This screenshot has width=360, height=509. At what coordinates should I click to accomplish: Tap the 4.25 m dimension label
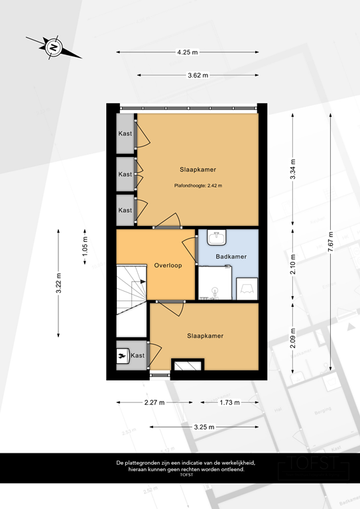tap(188, 52)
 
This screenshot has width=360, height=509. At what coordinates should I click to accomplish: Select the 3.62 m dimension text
tap(197, 76)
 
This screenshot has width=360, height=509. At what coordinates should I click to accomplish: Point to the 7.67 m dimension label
tap(330, 246)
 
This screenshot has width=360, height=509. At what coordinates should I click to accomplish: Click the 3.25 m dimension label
tap(204, 427)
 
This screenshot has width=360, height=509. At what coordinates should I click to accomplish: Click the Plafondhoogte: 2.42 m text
tap(198, 186)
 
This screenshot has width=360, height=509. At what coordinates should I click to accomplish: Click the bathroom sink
tap(216, 236)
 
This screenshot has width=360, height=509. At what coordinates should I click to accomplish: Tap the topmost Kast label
tap(125, 134)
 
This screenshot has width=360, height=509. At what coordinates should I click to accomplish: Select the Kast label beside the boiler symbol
tap(137, 356)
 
